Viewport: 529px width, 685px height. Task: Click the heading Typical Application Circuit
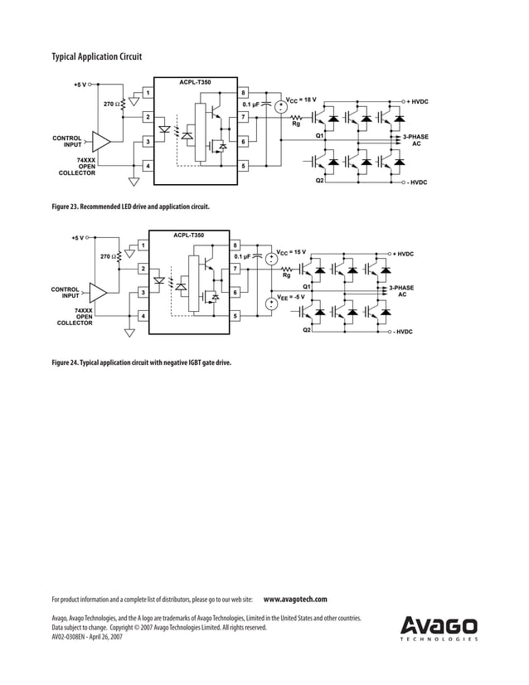click(96, 56)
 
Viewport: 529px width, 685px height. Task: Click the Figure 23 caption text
click(130, 206)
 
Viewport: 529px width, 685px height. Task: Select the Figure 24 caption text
click(142, 362)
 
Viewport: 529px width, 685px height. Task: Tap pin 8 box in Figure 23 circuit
click(243, 92)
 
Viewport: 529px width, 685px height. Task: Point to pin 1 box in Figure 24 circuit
click(142, 245)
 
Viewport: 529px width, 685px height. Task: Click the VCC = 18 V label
click(301, 100)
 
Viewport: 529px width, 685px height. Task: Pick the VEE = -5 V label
click(291, 296)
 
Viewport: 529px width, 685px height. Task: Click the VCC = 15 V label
click(291, 252)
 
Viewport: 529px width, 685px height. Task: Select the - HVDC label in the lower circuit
click(402, 332)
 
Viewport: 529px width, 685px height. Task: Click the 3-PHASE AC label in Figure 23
click(415, 138)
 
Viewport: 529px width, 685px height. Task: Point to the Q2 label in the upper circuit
click(320, 182)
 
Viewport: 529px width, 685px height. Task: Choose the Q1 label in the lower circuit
click(307, 286)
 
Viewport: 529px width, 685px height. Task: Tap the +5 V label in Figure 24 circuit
click(77, 237)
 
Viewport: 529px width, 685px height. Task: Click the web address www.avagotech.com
click(295, 599)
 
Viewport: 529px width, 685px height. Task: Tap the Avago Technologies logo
click(439, 628)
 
